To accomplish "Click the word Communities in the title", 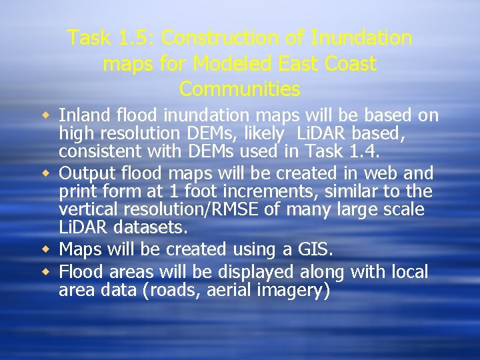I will coord(240,89).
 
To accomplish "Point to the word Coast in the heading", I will coord(351,63).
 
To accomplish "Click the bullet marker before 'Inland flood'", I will coord(49,115).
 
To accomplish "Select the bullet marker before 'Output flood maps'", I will coord(49,173).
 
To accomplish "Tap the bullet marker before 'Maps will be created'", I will coord(49,249).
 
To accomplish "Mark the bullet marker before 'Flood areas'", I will coord(49,272).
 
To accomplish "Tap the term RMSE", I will coord(246,210).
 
